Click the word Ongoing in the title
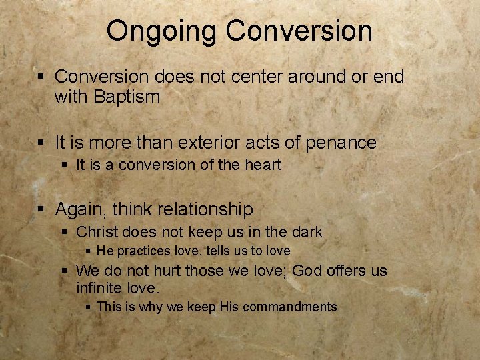tap(162, 31)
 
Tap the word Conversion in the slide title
tap(299, 31)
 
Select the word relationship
tap(206, 210)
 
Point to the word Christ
tap(98, 233)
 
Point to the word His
tap(227, 307)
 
